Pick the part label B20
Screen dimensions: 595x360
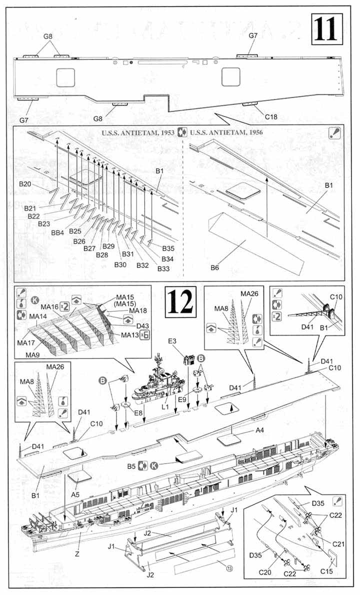coord(25,184)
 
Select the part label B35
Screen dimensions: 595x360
coord(168,248)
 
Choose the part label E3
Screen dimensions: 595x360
coord(173,341)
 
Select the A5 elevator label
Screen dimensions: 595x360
coord(75,494)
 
